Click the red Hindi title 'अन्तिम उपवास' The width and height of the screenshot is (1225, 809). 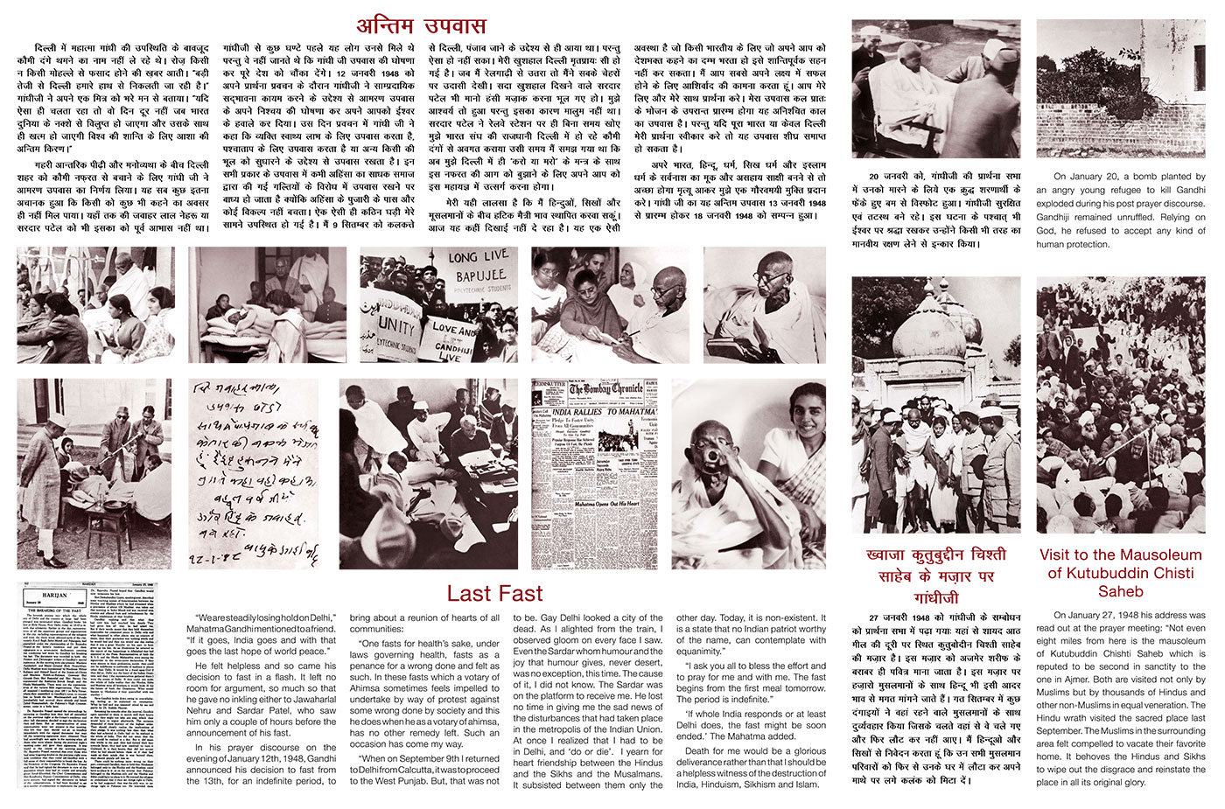click(420, 24)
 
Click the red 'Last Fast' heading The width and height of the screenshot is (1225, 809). click(494, 593)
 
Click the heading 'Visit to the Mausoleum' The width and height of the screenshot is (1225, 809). click(1121, 554)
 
